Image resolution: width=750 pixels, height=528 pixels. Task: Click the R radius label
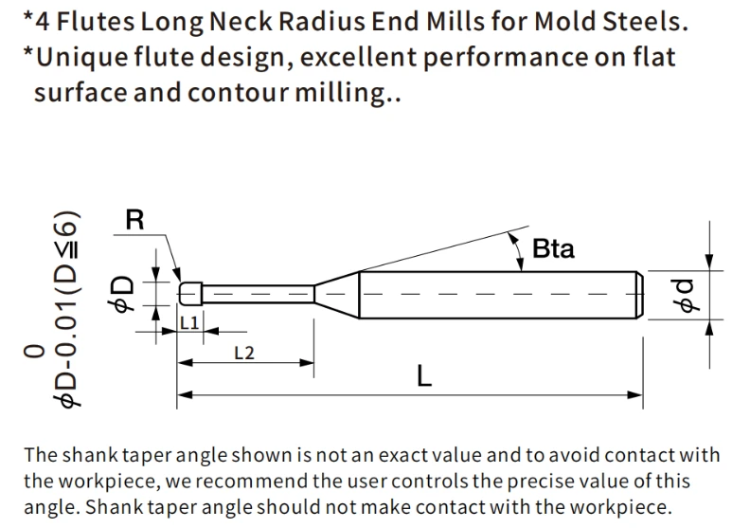coord(134,220)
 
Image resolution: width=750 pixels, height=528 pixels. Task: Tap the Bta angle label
coord(553,249)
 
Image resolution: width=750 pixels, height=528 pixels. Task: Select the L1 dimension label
coord(189,322)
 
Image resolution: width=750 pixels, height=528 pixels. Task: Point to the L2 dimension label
coord(244,354)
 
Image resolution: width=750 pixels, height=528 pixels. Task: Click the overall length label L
coord(424,375)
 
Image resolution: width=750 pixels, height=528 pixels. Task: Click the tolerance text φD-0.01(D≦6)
coord(64,309)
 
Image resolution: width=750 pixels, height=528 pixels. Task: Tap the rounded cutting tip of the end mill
coord(190,293)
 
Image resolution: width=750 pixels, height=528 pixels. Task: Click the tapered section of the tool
coord(337,294)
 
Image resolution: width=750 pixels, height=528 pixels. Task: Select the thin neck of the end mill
coord(259,294)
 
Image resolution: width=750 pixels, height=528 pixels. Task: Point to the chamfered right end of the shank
coord(639,295)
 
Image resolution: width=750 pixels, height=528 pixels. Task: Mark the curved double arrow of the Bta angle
coord(518,251)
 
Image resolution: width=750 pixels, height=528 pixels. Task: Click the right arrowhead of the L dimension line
coord(635,395)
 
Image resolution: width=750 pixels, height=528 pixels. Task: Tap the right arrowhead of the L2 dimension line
coord(307,362)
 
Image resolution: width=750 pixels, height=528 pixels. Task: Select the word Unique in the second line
coord(81,58)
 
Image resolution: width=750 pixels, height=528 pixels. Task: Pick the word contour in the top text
coord(239,92)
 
